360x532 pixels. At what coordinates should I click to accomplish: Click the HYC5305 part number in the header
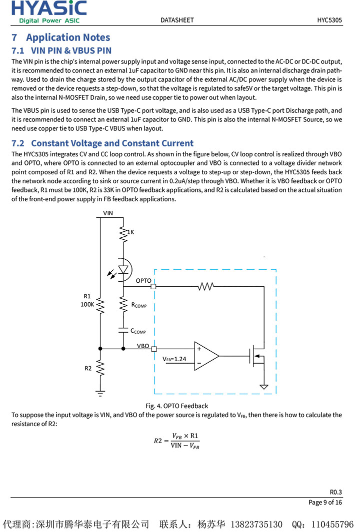[x=329, y=20]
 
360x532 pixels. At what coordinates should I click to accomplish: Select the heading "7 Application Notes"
[x=60, y=37]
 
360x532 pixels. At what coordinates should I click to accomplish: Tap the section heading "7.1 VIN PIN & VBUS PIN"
[x=61, y=50]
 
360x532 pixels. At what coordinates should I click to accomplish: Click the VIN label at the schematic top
[x=108, y=213]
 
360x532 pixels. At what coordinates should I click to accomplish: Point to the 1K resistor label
[x=130, y=232]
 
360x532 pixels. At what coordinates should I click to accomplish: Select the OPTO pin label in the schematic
[x=143, y=281]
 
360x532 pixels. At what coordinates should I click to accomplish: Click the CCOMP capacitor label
[x=138, y=331]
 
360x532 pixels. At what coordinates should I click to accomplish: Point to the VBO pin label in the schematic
[x=143, y=346]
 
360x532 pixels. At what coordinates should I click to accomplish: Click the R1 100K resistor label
[x=87, y=300]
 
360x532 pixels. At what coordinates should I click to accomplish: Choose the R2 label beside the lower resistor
[x=88, y=368]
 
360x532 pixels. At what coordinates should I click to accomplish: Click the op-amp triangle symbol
[x=205, y=356]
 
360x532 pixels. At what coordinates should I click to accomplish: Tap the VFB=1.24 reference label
[x=174, y=359]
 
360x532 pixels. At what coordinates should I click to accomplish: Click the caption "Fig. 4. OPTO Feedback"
[x=176, y=406]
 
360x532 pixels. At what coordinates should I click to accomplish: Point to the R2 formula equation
[x=176, y=441]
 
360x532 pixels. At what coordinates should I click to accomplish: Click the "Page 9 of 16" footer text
[x=325, y=503]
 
